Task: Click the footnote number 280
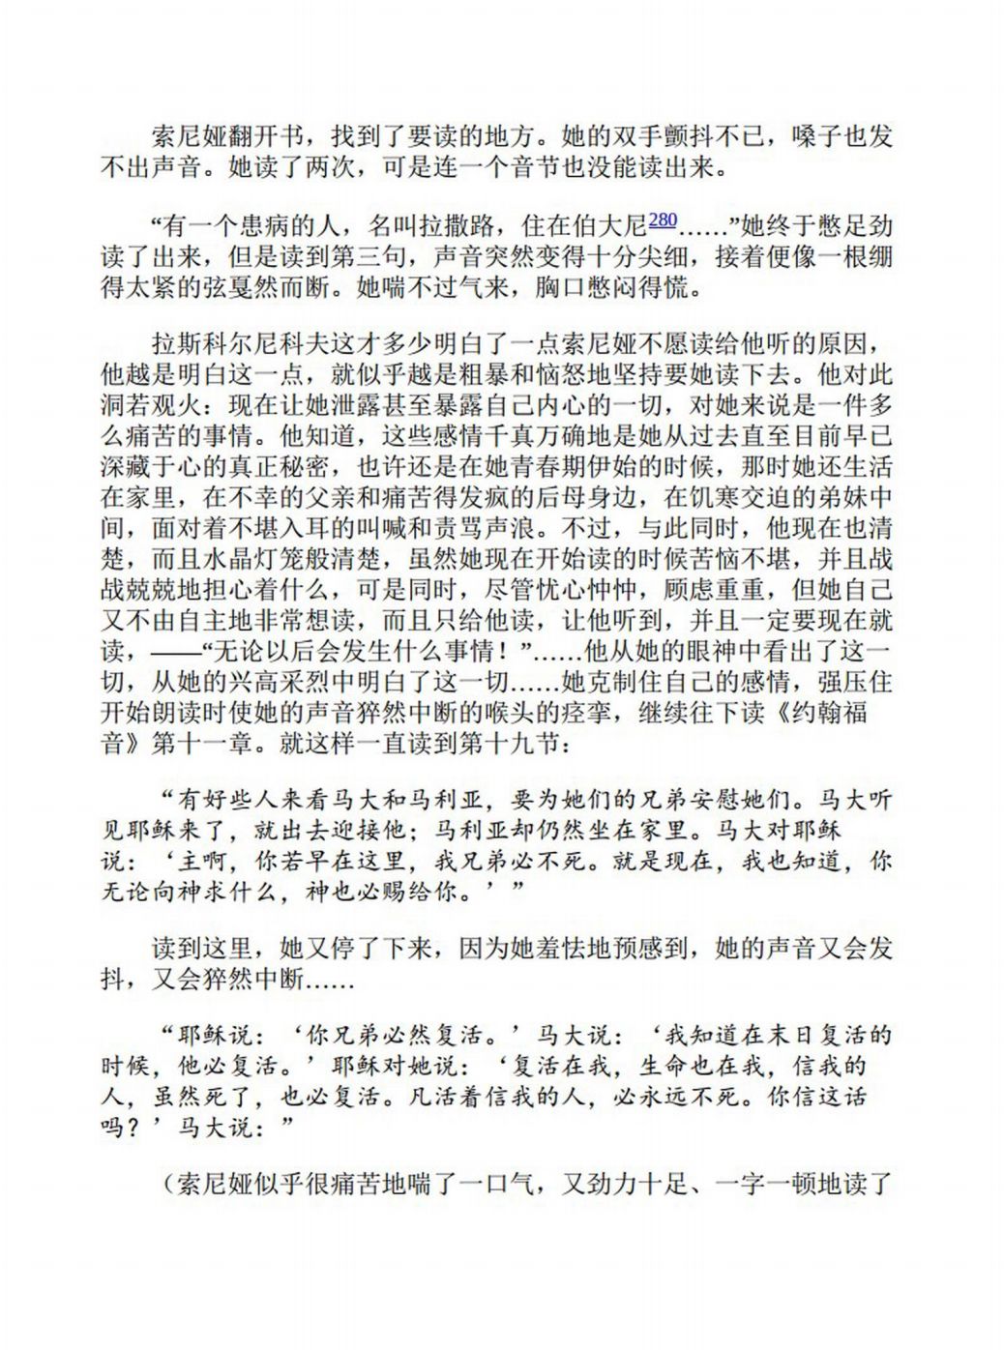point(663,220)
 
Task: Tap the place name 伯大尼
point(610,228)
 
